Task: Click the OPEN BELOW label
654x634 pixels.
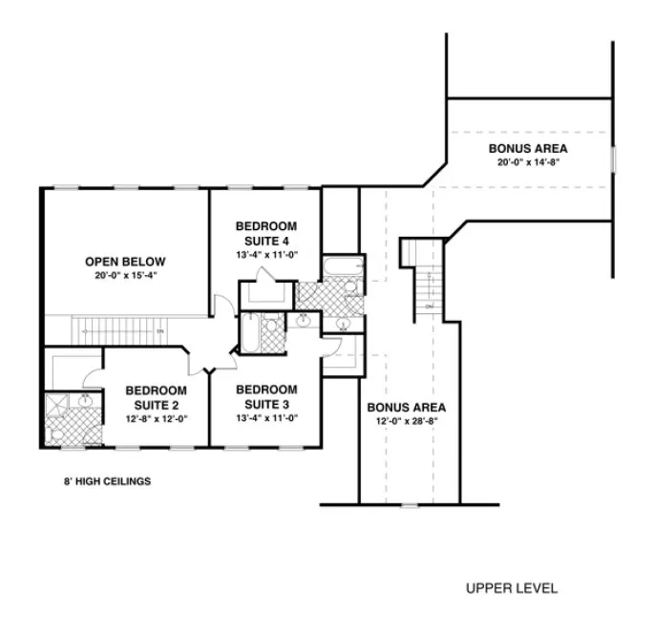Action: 125,262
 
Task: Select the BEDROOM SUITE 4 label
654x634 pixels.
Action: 266,233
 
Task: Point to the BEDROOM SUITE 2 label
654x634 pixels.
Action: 155,397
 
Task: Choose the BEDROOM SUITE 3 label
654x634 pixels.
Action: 266,396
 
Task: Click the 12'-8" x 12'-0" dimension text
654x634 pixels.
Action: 155,417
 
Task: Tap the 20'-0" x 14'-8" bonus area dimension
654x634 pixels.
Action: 528,162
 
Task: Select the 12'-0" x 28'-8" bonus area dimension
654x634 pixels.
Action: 407,421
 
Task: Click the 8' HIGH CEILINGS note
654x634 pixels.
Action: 100,481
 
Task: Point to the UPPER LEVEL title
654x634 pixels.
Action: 512,588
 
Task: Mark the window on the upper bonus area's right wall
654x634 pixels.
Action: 614,158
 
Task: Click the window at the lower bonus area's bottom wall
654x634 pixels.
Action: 407,503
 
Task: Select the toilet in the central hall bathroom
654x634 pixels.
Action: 272,330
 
